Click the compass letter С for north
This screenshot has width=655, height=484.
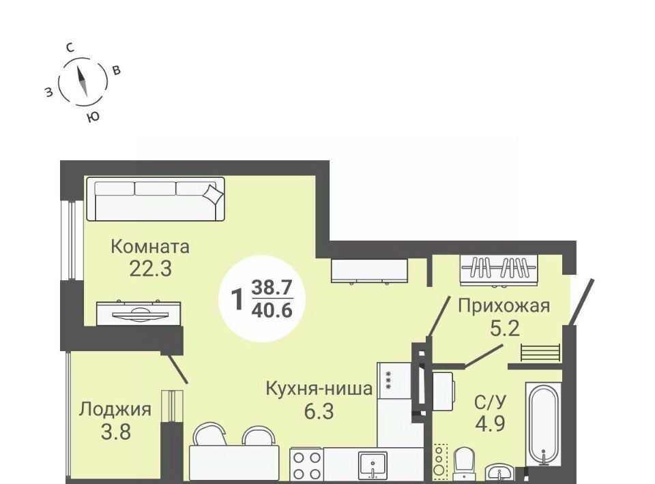70,48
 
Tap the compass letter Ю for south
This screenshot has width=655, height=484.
93,117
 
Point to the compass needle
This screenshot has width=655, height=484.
83,81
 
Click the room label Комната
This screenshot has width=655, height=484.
150,247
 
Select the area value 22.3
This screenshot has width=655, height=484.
150,269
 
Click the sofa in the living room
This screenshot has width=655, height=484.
156,199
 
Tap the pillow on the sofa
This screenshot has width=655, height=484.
214,193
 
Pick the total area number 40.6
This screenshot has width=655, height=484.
272,310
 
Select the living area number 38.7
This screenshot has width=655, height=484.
272,288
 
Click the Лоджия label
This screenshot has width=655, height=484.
115,409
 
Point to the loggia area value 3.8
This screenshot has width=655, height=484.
116,432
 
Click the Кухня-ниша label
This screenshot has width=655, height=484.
319,389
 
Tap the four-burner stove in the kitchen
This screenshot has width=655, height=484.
306,465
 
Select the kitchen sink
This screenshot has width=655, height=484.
373,464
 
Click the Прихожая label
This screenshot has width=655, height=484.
504,306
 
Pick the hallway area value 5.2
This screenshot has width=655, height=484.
505,329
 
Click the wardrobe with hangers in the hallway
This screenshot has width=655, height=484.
499,270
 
